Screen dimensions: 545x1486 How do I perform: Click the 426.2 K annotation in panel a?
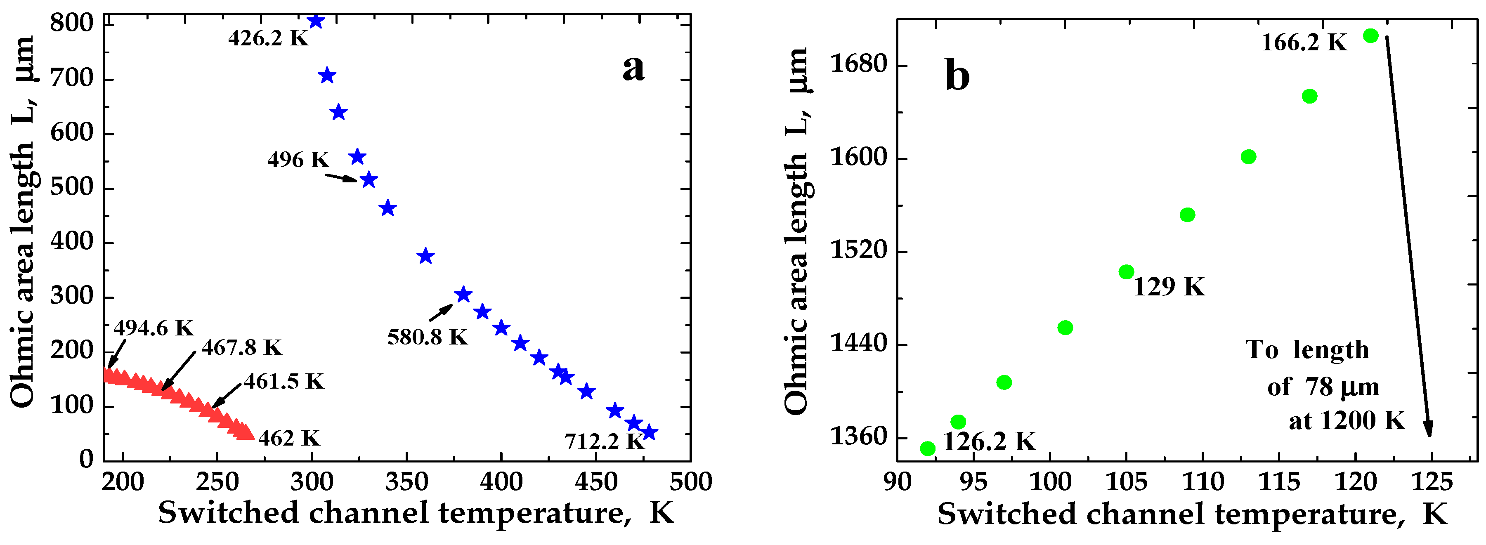(268, 38)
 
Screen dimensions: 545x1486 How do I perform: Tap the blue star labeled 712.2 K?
(649, 432)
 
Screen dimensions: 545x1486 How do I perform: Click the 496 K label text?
(298, 159)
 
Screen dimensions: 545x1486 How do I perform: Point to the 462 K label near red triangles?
(288, 438)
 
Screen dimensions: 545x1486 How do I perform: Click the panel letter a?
(633, 68)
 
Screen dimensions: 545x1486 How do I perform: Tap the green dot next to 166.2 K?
(1370, 36)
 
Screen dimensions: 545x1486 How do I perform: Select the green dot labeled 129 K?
(1126, 271)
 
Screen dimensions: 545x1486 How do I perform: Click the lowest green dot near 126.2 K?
(928, 448)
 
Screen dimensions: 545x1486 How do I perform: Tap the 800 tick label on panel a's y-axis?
(71, 23)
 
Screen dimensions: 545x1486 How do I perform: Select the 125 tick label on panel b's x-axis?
(1432, 481)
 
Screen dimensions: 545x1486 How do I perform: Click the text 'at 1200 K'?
(1347, 420)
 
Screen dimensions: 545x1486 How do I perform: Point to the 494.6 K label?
(153, 328)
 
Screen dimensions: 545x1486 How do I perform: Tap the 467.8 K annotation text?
(241, 347)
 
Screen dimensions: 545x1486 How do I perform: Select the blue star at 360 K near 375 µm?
(425, 256)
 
